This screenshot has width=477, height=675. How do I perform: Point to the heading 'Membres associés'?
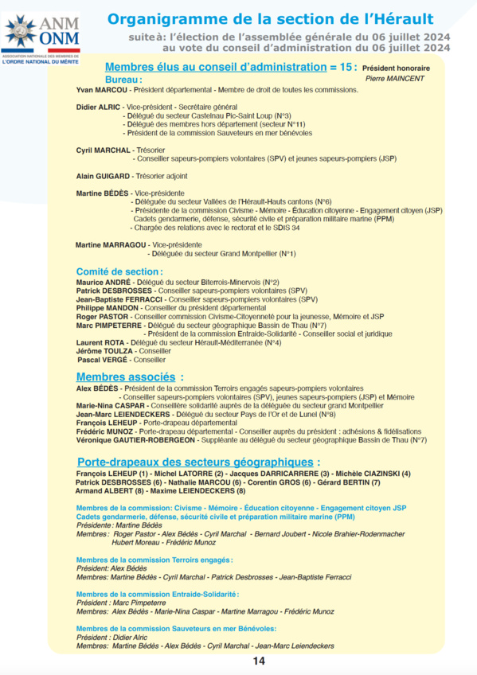(128, 377)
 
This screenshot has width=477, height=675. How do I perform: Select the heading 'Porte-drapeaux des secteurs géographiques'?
(199, 462)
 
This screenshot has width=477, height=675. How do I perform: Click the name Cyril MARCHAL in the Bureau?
(103, 150)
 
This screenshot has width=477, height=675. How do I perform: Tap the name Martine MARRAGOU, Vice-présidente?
(111, 244)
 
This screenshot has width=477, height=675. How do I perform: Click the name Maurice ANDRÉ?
(103, 282)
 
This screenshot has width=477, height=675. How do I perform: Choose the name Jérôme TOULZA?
(104, 351)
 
